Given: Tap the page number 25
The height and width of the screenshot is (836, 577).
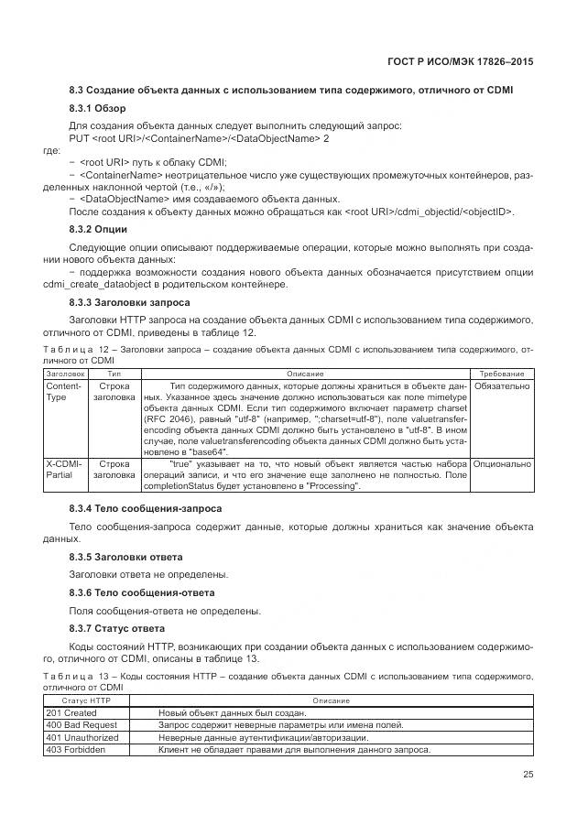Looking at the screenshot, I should pos(527,775).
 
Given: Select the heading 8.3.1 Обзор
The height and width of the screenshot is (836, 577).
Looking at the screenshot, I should pos(97,109).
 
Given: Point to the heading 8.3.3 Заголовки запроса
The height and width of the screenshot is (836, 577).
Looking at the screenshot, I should pos(130,301).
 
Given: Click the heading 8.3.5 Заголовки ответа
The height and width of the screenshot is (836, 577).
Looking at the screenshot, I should pos(125,557).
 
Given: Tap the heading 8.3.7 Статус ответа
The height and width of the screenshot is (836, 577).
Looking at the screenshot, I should pos(117,628).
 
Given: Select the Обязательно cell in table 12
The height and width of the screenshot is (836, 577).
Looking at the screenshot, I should pos(500,387).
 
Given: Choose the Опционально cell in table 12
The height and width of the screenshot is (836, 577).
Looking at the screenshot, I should pos(501,464).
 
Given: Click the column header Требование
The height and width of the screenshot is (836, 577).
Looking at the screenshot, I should pos(500,375).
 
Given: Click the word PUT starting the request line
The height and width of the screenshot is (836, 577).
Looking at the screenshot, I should pos(80,138).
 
